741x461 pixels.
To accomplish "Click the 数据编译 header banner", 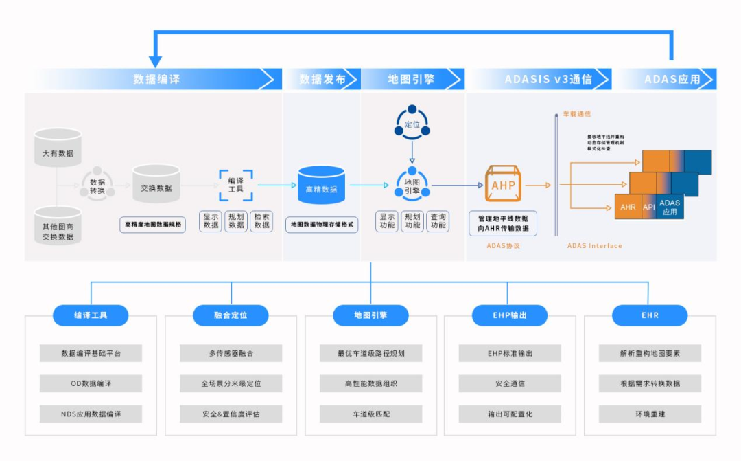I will (156, 79).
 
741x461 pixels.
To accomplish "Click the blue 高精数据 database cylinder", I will (321, 185).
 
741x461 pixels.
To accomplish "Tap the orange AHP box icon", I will (503, 184).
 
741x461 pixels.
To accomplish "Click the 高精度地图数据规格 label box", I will (152, 224).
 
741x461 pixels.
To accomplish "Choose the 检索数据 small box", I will (261, 221).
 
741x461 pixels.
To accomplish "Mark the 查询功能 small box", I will (437, 221).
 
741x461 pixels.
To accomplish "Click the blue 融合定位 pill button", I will (231, 315).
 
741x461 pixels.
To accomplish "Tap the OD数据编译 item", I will (91, 383).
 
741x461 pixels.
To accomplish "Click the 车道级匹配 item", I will (370, 414).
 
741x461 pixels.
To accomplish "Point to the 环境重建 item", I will (650, 414).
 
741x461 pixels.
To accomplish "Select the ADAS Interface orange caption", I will (594, 245).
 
